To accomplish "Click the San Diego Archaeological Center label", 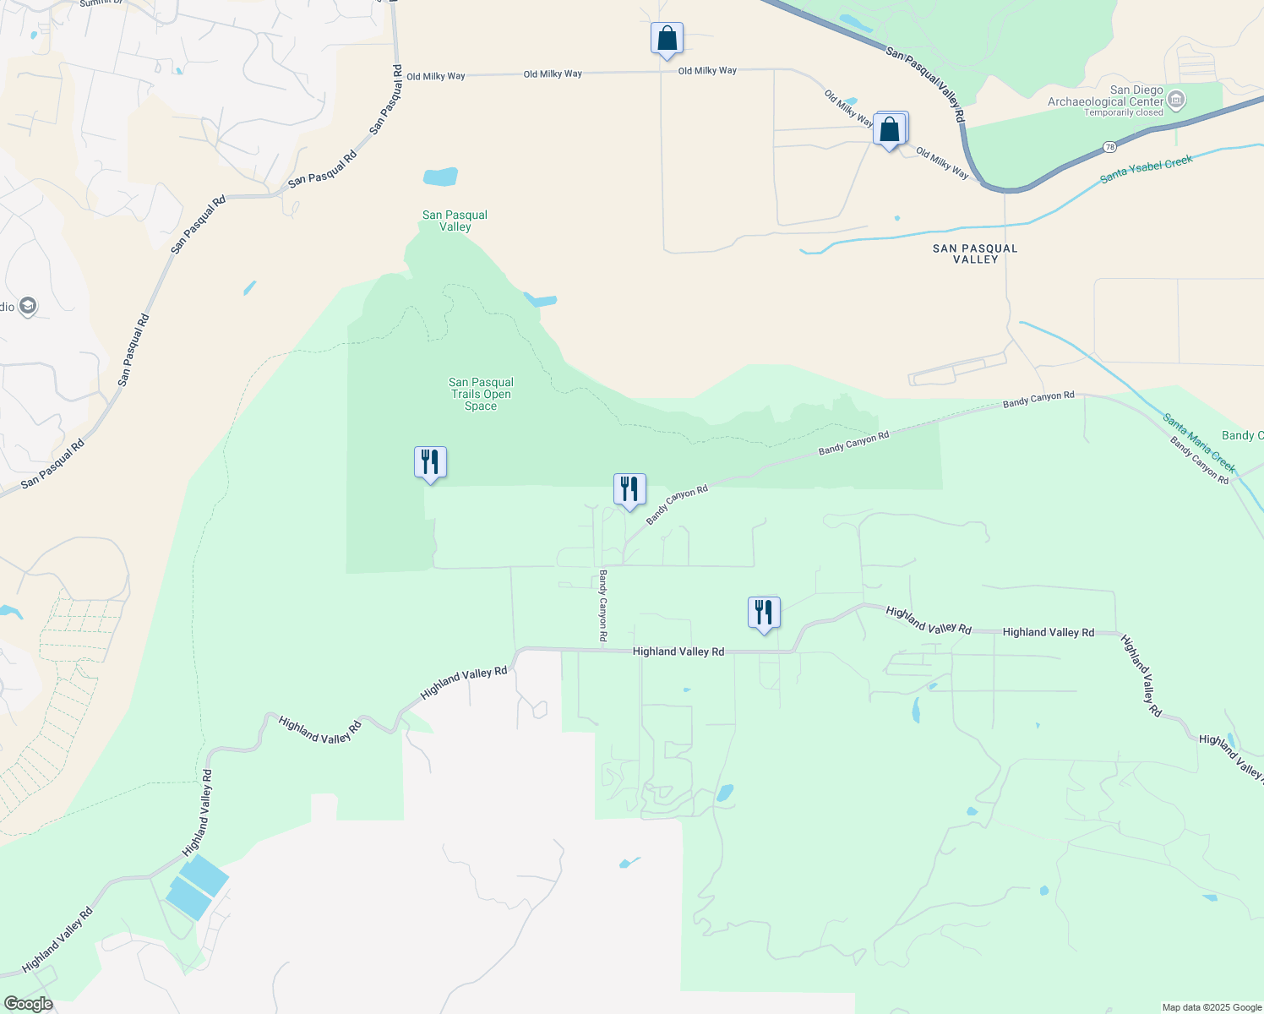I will [x=1106, y=96].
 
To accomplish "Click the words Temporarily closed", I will [x=1124, y=112].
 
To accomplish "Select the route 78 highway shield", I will [x=1110, y=148].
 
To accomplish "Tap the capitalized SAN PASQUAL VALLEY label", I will [x=975, y=253].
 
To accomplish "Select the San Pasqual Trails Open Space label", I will [x=481, y=394].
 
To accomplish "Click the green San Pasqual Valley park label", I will [x=455, y=221].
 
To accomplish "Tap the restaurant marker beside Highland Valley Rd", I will [x=764, y=613].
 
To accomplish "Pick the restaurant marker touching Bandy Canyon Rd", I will [x=629, y=490].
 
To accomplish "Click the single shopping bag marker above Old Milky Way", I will [x=667, y=39].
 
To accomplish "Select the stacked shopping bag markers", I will [x=891, y=129].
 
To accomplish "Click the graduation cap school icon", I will [x=28, y=306].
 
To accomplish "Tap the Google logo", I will [x=27, y=1004].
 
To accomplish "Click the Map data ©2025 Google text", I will [x=1211, y=1007].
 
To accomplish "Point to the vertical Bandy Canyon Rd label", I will [x=603, y=605].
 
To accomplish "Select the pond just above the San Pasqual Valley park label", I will [x=440, y=177].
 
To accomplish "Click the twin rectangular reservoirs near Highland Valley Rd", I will [x=198, y=886].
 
